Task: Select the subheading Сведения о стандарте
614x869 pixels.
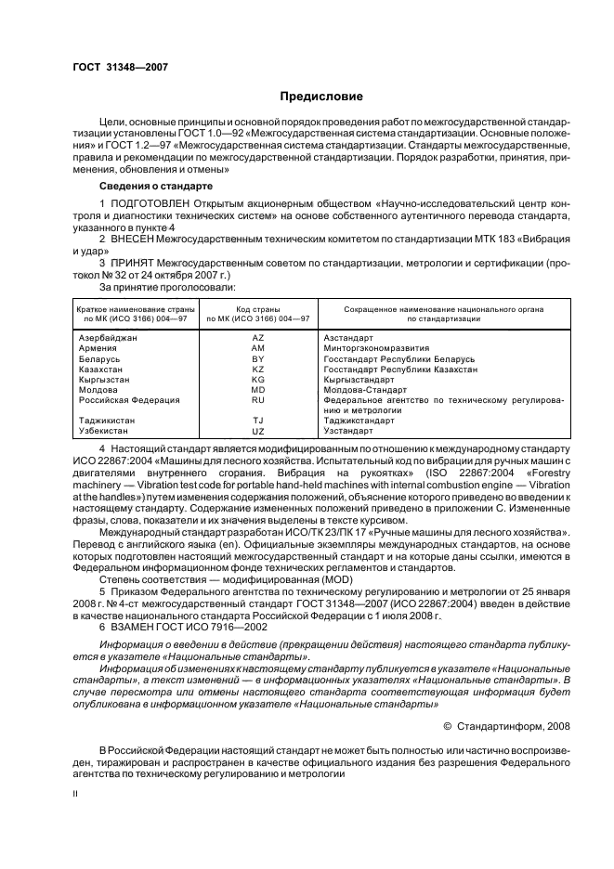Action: (146, 186)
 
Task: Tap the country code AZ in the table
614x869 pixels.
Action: (258, 339)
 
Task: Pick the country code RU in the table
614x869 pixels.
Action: (258, 400)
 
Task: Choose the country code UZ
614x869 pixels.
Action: (258, 431)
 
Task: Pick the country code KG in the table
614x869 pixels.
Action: (258, 380)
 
